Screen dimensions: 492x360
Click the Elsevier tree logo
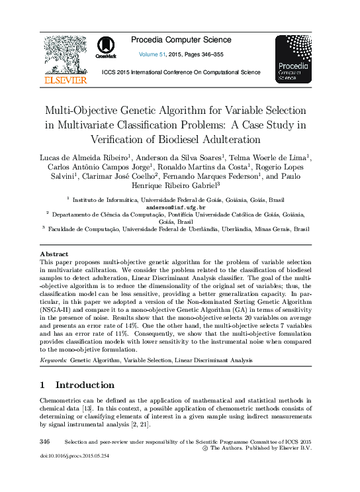[65, 54]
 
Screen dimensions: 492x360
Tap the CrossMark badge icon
[106, 48]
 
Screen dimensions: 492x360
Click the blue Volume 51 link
[153, 54]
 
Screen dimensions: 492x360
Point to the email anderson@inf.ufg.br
[179, 207]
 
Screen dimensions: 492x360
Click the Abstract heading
[54, 254]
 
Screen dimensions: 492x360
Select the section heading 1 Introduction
[77, 385]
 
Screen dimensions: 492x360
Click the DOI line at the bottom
[74, 456]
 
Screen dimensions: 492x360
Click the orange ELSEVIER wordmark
[65, 80]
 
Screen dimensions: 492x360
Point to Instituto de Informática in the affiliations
[103, 199]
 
